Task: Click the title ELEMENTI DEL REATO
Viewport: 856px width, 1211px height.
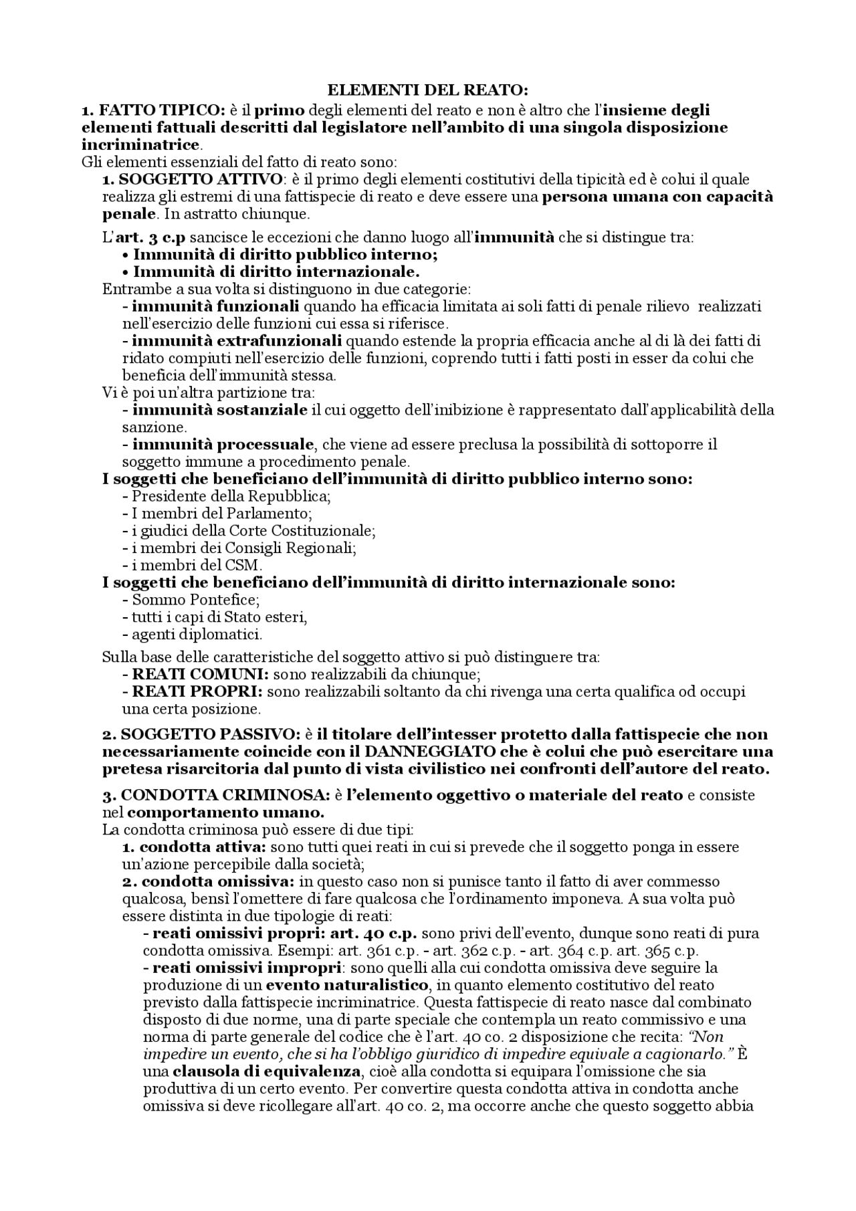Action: (x=427, y=92)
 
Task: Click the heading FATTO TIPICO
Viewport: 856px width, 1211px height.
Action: (x=153, y=110)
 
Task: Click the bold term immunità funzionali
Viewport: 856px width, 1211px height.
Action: (x=215, y=306)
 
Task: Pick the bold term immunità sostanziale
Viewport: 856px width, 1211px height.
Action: (x=220, y=409)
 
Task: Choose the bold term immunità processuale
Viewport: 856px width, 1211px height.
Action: (x=223, y=444)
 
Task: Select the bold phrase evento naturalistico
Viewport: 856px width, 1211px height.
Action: (x=346, y=985)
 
